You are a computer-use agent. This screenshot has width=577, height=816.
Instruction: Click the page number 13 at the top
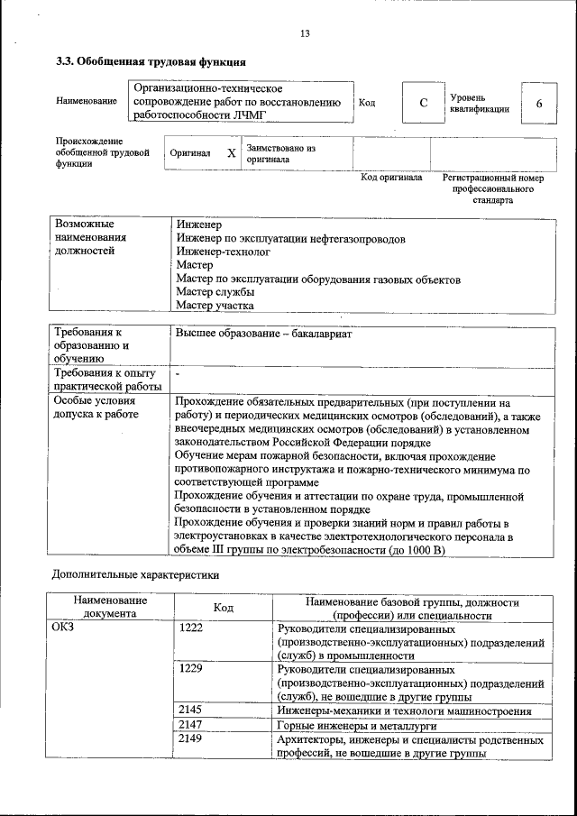coord(305,33)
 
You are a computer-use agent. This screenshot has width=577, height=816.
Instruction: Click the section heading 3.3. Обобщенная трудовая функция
coord(150,62)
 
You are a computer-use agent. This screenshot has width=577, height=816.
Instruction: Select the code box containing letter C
coord(422,103)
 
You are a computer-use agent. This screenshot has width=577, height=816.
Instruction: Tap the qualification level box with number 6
coord(538,104)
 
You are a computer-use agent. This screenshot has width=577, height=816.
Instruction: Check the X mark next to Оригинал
coord(231,153)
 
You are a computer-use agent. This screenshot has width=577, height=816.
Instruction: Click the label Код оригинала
coord(391,178)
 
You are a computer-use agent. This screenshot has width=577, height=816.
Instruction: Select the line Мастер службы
coord(215,292)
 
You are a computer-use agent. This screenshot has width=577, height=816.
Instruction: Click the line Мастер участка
coord(215,306)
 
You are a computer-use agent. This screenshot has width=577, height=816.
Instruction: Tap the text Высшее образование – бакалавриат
coord(263,334)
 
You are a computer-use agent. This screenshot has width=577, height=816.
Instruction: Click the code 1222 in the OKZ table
coord(190,628)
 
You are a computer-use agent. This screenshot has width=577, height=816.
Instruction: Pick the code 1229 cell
coord(190,669)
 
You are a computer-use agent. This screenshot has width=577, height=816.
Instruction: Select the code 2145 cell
coord(190,711)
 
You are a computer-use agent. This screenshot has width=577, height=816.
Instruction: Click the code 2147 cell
coord(190,724)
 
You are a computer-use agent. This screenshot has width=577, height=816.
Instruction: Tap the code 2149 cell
coord(190,738)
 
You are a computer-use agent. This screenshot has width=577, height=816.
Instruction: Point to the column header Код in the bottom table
coord(223,608)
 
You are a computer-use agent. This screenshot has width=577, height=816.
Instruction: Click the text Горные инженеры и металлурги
coord(358,725)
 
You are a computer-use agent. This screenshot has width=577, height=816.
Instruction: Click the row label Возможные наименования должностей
coord(90,237)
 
